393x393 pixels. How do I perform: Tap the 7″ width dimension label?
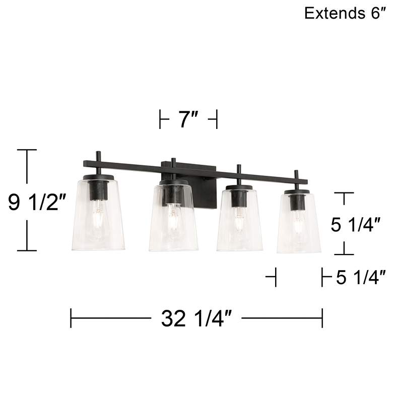pyautogui.click(x=187, y=121)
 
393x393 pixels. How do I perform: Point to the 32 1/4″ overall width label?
pyautogui.click(x=196, y=318)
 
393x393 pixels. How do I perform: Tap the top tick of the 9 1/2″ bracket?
pyautogui.click(x=27, y=150)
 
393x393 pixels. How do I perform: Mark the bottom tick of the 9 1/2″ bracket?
pyautogui.click(x=27, y=250)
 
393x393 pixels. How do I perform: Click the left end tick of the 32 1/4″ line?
pyautogui.click(x=71, y=318)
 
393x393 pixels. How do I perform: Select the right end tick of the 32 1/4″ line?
pyautogui.click(x=322, y=318)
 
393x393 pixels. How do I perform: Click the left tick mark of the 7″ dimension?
pyautogui.click(x=160, y=121)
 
